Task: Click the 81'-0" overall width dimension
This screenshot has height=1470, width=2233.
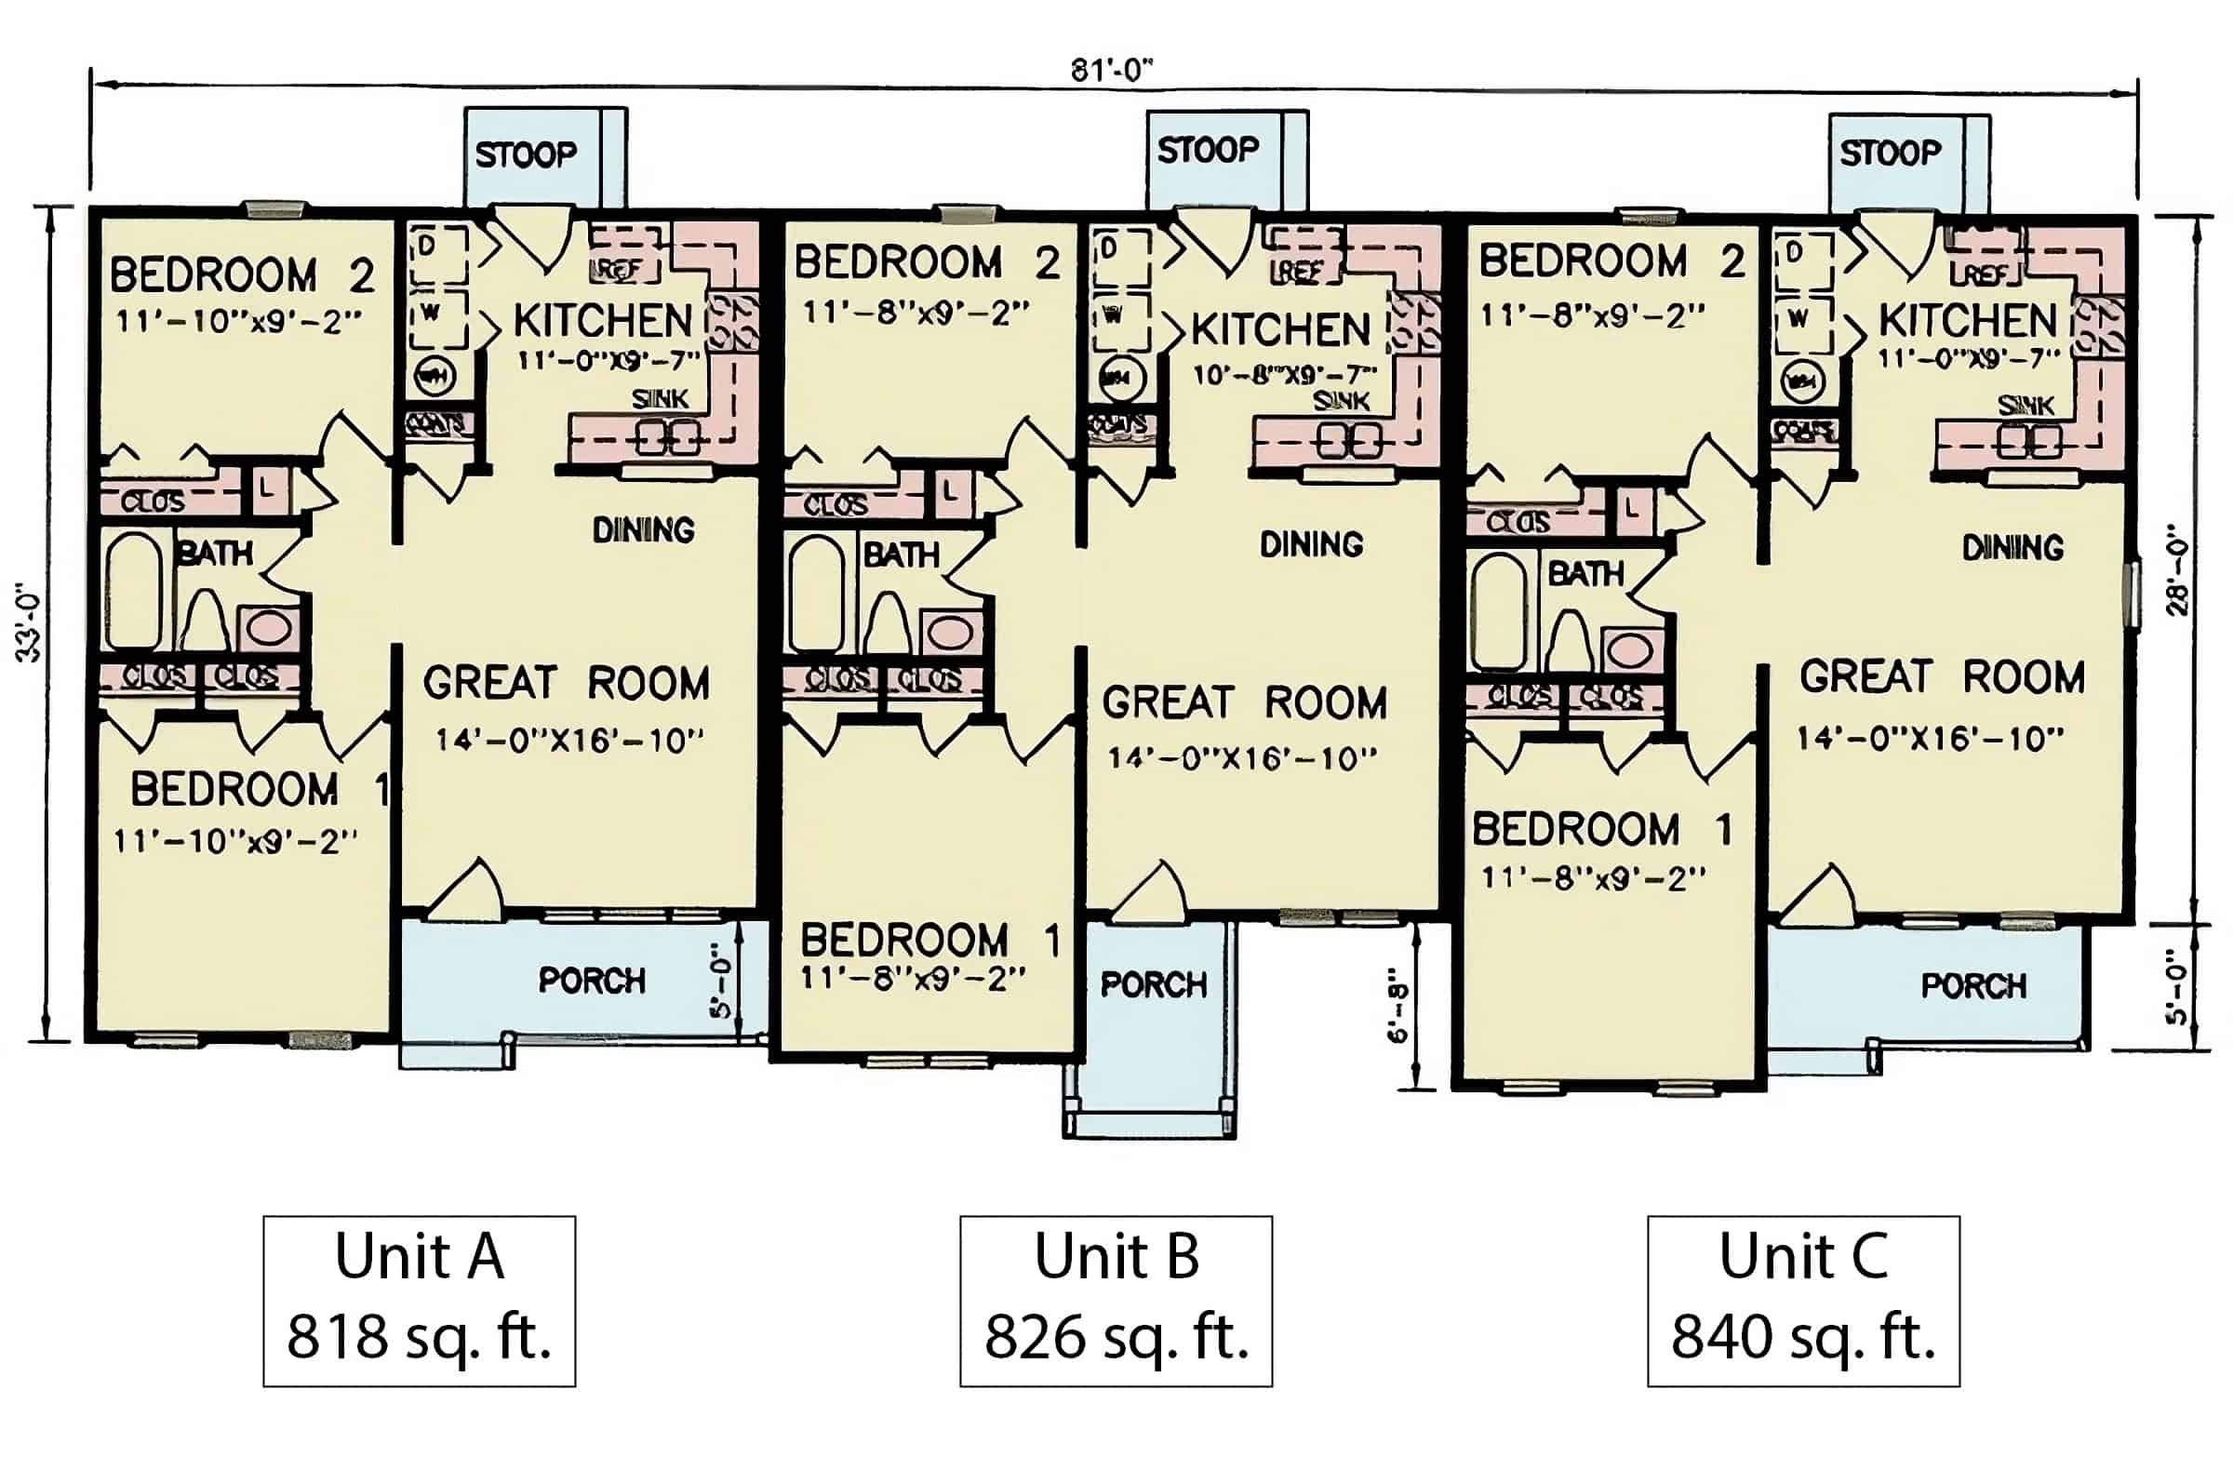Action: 1111,71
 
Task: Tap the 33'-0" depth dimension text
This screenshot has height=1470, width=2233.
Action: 29,623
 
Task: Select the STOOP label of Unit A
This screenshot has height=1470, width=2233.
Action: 526,154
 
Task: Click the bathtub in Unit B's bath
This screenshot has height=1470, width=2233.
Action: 815,593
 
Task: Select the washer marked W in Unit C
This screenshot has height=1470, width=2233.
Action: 1798,320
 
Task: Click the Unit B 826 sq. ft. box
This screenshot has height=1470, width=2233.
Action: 1116,1300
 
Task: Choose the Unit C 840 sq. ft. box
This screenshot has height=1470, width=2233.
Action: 1803,1300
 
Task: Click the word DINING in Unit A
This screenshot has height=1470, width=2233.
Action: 644,531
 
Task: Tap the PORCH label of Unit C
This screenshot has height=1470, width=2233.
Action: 1973,986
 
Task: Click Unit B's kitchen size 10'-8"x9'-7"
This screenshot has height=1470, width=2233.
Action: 1283,375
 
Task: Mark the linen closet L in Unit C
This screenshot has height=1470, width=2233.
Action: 1634,508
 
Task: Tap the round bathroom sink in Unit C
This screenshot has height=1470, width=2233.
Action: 1630,649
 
